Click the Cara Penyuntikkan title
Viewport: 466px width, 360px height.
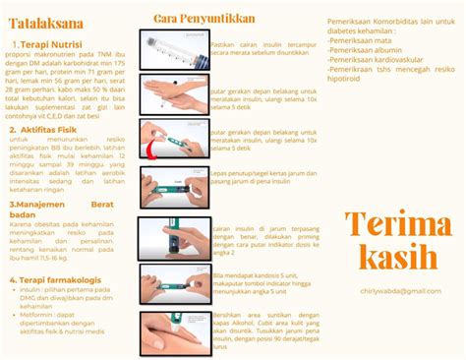coord(204,17)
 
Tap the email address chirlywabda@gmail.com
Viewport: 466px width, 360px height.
coord(398,291)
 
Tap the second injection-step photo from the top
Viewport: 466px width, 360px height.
coord(174,94)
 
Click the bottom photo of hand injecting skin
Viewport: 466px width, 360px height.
coord(174,331)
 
